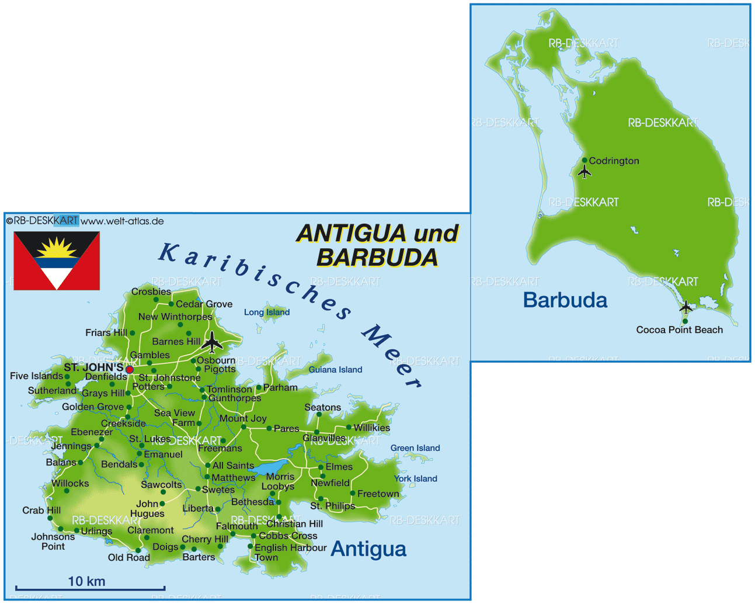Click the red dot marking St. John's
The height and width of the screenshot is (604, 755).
point(130,370)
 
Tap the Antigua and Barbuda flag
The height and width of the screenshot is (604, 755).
point(57,261)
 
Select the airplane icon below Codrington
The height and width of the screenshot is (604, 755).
point(584,172)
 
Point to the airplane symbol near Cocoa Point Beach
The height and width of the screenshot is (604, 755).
point(686,307)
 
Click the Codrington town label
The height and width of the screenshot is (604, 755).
point(614,161)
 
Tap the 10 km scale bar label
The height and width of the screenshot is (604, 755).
point(86,581)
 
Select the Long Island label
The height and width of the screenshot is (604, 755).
point(267,313)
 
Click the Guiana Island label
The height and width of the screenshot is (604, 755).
point(336,370)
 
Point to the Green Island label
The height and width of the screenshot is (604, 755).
point(415,448)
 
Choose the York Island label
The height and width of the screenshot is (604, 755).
point(416,478)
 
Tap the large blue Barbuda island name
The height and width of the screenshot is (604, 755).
point(565,300)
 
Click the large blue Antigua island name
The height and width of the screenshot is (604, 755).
point(368,549)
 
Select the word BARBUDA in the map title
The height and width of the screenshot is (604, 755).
point(377,258)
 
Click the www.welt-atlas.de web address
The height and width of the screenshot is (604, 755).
point(122,221)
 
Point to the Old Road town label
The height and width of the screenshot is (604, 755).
point(129,557)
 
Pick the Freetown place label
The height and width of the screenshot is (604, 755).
point(378,494)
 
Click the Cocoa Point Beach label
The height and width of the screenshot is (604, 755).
point(679,330)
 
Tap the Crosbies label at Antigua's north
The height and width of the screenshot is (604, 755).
point(151,291)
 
